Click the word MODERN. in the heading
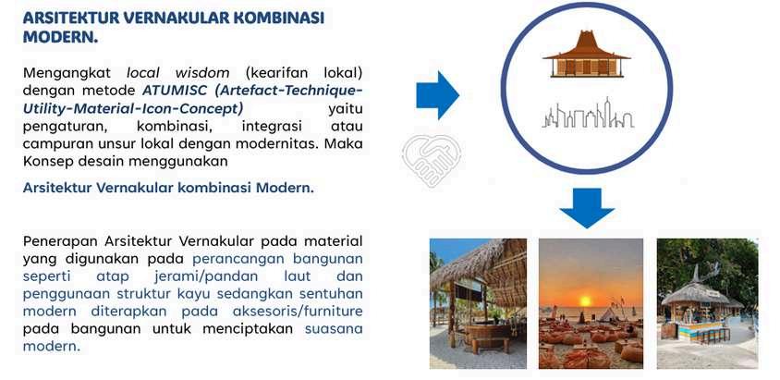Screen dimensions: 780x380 (60, 36)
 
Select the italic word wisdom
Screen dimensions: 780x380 (202, 73)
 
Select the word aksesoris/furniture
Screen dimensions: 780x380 (297, 312)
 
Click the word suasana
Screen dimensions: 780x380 (334, 329)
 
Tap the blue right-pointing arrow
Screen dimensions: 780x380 (437, 95)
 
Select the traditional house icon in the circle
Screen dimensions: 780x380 (587, 54)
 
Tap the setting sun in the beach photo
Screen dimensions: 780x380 (586, 300)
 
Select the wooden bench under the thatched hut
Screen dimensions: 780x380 (489, 344)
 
